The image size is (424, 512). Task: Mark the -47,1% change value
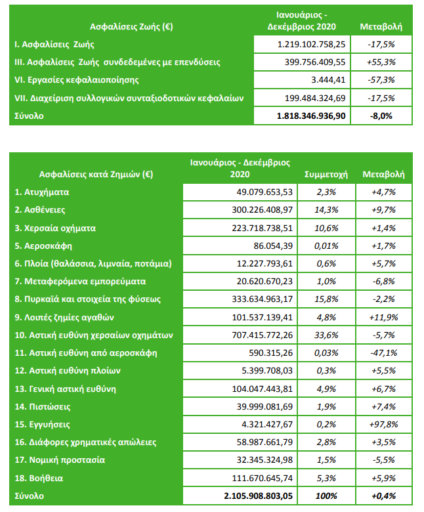coord(381,352)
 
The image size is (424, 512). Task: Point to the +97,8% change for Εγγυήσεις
coord(381,424)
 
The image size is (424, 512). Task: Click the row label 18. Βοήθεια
coord(41,477)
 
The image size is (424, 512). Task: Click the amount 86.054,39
coord(270,245)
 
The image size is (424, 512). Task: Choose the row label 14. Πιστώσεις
coord(45,406)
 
